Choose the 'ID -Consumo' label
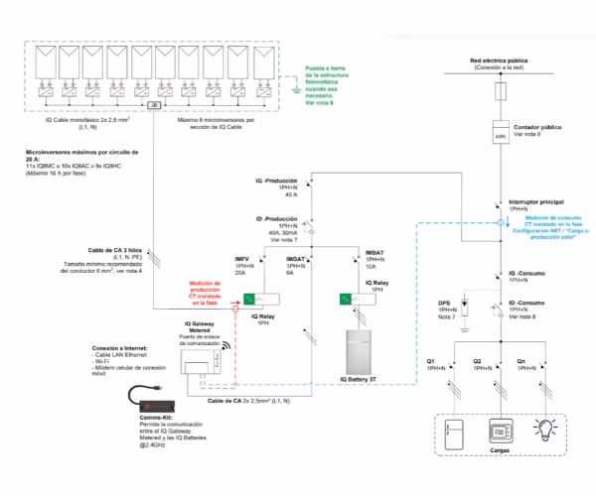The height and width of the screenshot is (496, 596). tap(529, 301)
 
